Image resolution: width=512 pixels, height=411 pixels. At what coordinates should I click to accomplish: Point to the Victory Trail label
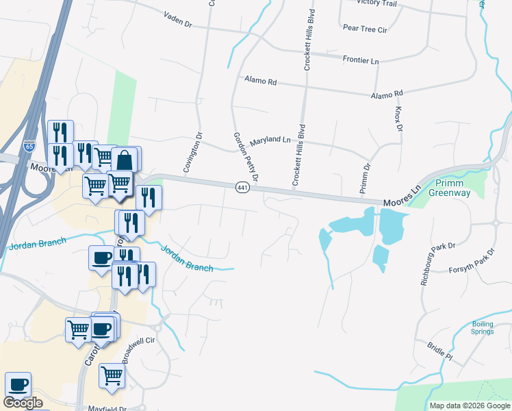tap(376, 3)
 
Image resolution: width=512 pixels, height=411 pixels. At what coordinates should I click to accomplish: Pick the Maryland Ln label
tap(270, 140)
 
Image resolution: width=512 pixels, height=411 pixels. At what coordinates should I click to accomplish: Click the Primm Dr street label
tap(367, 175)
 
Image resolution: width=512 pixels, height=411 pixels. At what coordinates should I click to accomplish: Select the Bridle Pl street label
tap(439, 351)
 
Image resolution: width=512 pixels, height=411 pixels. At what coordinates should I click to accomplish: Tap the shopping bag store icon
tap(124, 160)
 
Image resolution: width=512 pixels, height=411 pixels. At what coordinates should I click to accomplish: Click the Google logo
tap(23, 403)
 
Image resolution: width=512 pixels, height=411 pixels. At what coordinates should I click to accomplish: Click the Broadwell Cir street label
tap(140, 349)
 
